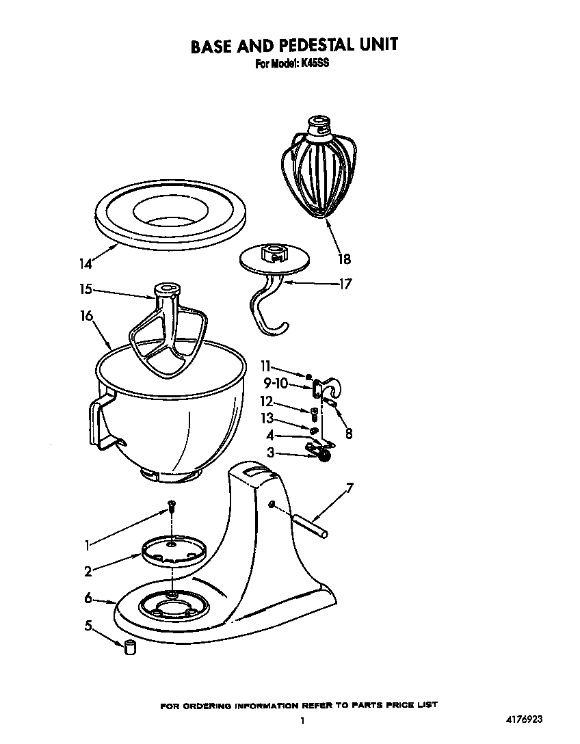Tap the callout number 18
pyautogui.click(x=344, y=258)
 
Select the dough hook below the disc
pyautogui.click(x=269, y=311)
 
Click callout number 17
pyautogui.click(x=345, y=283)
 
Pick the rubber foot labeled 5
pyautogui.click(x=129, y=646)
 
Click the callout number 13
pyautogui.click(x=267, y=418)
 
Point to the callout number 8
pyautogui.click(x=350, y=433)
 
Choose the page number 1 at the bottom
pyautogui.click(x=302, y=720)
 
